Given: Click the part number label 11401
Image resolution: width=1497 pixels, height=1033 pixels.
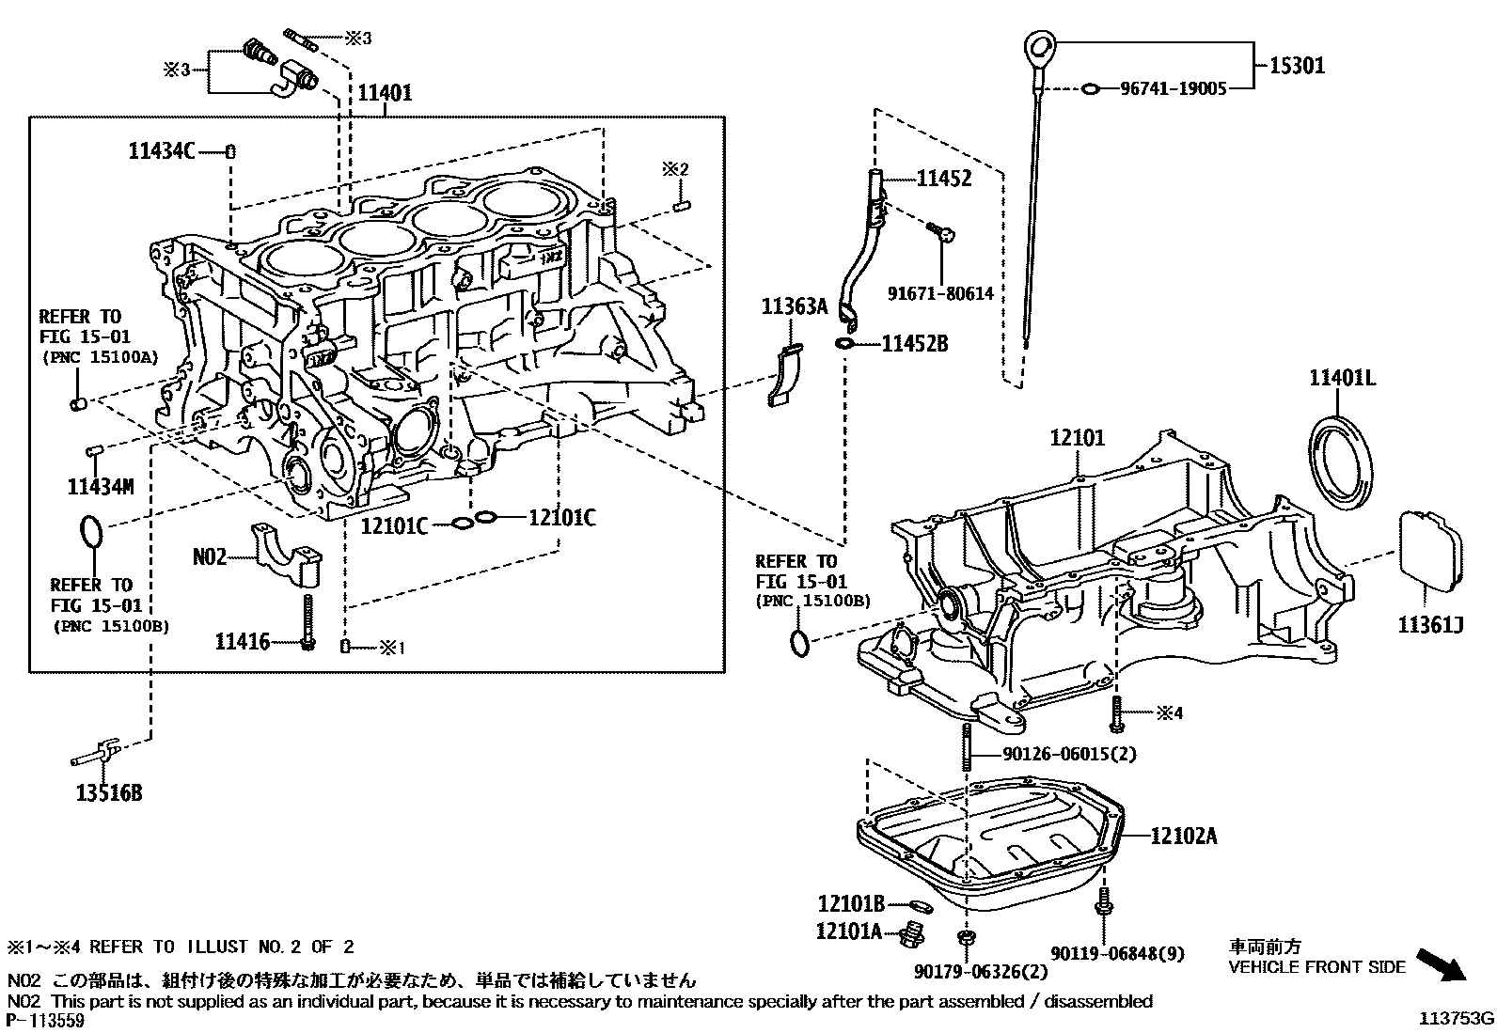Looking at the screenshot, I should click(x=384, y=92).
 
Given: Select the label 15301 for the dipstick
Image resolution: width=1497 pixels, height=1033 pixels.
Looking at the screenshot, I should click(x=1297, y=65).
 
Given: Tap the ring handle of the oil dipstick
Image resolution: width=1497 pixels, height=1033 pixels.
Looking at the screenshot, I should click(x=1041, y=44).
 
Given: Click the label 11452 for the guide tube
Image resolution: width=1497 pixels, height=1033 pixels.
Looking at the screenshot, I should click(x=943, y=179).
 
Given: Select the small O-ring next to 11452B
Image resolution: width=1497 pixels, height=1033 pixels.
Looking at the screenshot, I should click(x=843, y=344).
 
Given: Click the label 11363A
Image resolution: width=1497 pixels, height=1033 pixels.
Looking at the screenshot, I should click(x=794, y=305).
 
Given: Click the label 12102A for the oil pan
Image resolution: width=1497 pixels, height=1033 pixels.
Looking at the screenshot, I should click(x=1183, y=836).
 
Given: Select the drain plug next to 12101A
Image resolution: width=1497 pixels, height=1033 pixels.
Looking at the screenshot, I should click(x=910, y=936).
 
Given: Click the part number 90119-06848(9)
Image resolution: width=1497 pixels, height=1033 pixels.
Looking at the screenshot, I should click(x=1117, y=953).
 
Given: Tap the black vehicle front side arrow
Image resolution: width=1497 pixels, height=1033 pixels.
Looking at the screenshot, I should click(x=1441, y=964).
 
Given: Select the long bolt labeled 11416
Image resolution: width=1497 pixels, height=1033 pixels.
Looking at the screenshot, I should click(x=307, y=620).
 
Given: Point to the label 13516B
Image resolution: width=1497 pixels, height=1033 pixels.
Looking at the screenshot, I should click(x=109, y=793).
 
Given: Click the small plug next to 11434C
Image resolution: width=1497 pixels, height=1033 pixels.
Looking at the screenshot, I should click(x=230, y=151).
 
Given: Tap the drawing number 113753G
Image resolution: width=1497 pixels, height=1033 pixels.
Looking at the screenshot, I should click(x=1456, y=1018).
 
